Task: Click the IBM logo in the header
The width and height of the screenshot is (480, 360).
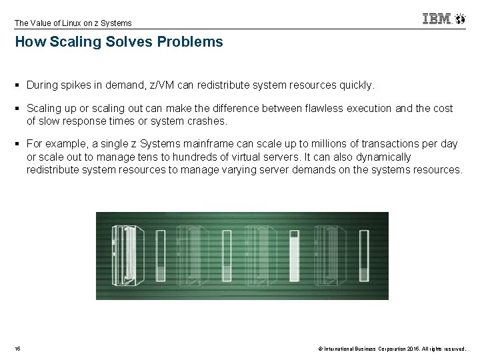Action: [436, 19]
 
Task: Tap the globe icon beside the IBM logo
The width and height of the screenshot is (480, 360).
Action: [460, 19]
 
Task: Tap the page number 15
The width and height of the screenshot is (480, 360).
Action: [17, 348]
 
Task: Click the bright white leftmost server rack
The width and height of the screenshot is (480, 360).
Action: [124, 255]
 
